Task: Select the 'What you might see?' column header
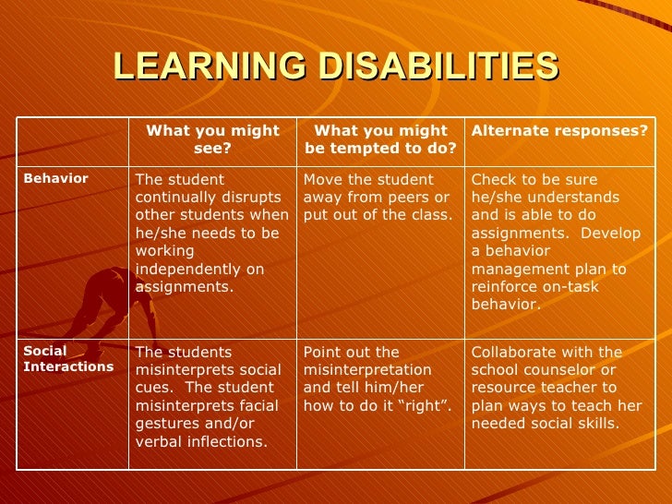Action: (x=212, y=139)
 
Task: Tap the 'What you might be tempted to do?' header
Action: (x=380, y=139)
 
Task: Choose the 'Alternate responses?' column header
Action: (x=559, y=131)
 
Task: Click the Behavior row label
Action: (x=56, y=179)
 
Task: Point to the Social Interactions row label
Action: (x=68, y=359)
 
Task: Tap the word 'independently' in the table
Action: (x=188, y=269)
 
